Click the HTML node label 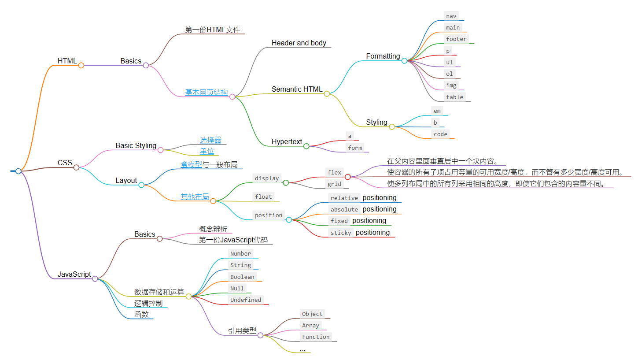coord(67,61)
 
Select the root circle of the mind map coord(18,171)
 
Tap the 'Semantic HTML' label coord(297,89)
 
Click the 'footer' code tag coord(456,39)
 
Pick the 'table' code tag coord(454,97)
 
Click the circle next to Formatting coord(404,61)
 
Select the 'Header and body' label coord(299,43)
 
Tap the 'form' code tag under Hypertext coord(354,148)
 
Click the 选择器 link coord(210,140)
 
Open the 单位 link coord(207,151)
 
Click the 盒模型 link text coord(191,165)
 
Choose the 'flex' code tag coord(334,173)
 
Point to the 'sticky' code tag coord(341,233)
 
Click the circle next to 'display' coord(285,182)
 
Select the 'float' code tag coord(263,197)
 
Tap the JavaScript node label coord(74,274)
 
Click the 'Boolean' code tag coord(242,277)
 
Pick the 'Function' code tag coord(315,337)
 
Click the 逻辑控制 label coord(148,303)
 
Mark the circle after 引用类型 coord(260,335)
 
